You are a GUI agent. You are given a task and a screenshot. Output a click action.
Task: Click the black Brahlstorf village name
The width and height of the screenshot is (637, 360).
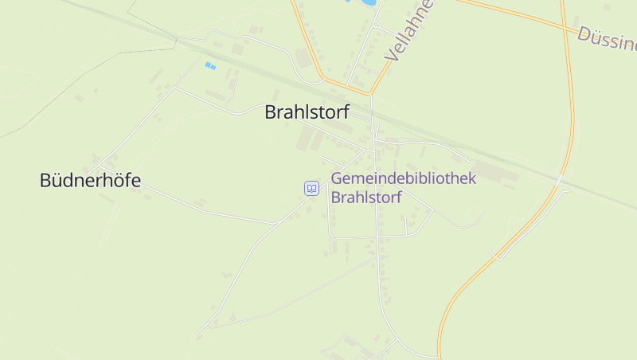point(307,113)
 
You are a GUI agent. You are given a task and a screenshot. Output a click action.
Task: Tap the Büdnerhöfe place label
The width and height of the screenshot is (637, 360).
point(90,181)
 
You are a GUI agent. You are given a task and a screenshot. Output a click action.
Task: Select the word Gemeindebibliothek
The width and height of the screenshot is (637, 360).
point(403,178)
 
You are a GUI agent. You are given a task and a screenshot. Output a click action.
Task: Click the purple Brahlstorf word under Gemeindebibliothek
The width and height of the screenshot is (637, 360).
point(366,198)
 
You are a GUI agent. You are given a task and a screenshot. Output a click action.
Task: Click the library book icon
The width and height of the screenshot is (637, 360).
point(311,189)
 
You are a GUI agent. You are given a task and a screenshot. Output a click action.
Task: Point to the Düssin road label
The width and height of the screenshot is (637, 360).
point(607,37)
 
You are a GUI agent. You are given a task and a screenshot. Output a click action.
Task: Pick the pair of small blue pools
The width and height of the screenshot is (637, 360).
point(210,65)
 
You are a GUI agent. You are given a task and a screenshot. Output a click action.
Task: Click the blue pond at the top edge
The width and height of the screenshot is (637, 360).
point(363,3)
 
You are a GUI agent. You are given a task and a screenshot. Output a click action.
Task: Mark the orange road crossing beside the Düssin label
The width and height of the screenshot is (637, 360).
point(567,29)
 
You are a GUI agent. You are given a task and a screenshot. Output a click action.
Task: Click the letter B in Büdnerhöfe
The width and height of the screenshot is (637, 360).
point(45,181)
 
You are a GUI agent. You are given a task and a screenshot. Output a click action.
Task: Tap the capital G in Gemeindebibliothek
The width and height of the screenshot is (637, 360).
point(338,178)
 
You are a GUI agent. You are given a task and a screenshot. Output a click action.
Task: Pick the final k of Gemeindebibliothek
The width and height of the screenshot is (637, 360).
point(471,178)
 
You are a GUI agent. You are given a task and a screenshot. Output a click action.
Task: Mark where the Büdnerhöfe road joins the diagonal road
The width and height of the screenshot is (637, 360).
point(276,224)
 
